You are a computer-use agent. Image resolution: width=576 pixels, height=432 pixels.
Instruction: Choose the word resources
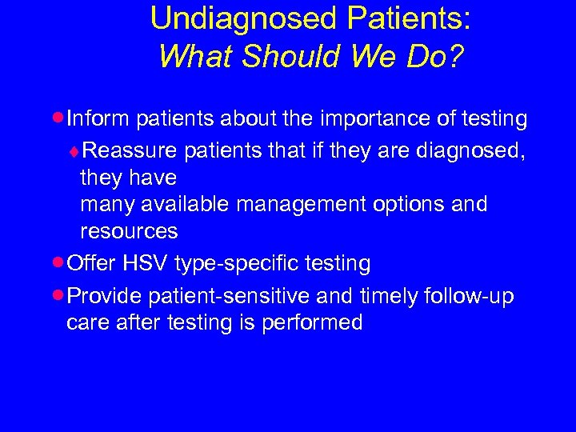129,232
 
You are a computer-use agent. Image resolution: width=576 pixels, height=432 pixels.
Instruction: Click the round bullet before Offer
61,262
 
